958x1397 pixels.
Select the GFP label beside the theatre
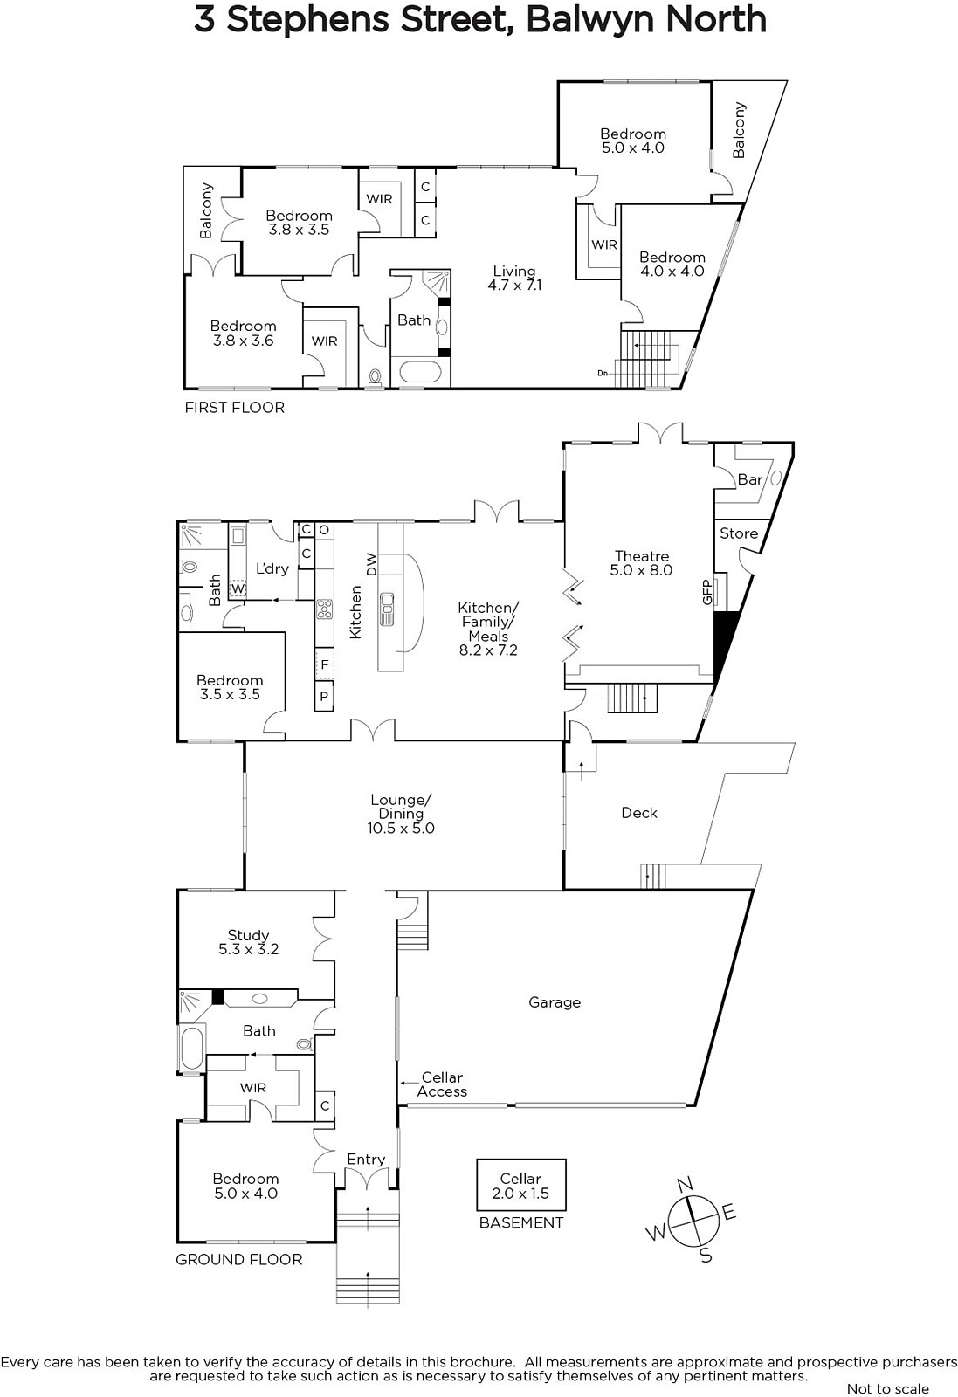click(x=706, y=592)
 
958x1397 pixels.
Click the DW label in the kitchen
click(x=372, y=564)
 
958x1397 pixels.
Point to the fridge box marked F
click(x=324, y=664)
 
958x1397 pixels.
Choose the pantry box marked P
click(x=324, y=696)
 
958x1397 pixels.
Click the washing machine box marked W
click(x=238, y=588)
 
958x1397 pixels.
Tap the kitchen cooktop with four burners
click(x=324, y=609)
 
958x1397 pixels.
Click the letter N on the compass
click(x=685, y=1182)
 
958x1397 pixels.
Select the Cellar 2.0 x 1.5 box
click(x=520, y=1186)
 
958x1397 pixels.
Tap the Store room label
click(x=739, y=533)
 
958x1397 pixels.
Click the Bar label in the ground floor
click(x=749, y=479)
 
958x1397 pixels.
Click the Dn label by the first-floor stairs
click(x=603, y=373)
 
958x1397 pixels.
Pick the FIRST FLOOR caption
click(x=235, y=407)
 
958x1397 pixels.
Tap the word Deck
click(x=639, y=813)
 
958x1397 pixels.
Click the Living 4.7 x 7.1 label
click(x=514, y=279)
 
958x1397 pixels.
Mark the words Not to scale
click(x=888, y=1389)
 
